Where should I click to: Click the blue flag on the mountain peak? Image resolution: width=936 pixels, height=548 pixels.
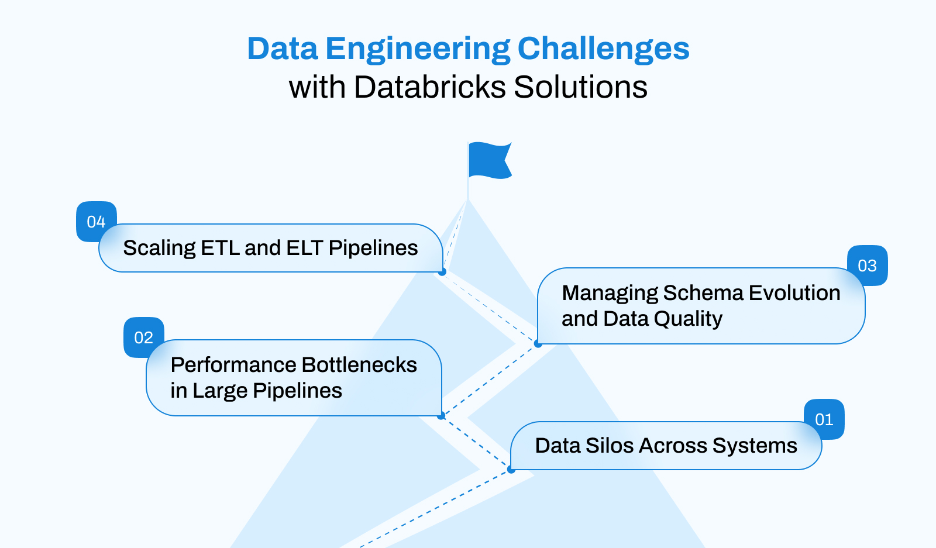coord(489,160)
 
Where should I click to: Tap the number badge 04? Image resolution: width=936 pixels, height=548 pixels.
coord(95,221)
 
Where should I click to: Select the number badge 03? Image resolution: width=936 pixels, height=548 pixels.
coord(867,266)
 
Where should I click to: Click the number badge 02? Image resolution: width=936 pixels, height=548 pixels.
coord(143,337)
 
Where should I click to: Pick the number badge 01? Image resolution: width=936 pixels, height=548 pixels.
coord(824,419)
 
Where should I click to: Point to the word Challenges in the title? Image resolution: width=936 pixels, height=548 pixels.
coord(603,49)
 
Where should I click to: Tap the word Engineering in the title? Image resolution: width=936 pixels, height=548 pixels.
coord(417,49)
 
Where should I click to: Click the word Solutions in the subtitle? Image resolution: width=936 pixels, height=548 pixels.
coord(580,87)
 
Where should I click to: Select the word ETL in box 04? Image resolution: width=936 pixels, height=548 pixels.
coord(221,248)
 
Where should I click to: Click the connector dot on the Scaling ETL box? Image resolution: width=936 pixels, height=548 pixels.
coord(442,272)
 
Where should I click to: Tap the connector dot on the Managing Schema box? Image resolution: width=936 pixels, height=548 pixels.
coord(538,344)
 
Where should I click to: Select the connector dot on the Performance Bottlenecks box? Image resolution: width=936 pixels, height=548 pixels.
coord(441,416)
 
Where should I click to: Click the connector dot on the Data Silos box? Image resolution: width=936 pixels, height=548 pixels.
coord(511,470)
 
